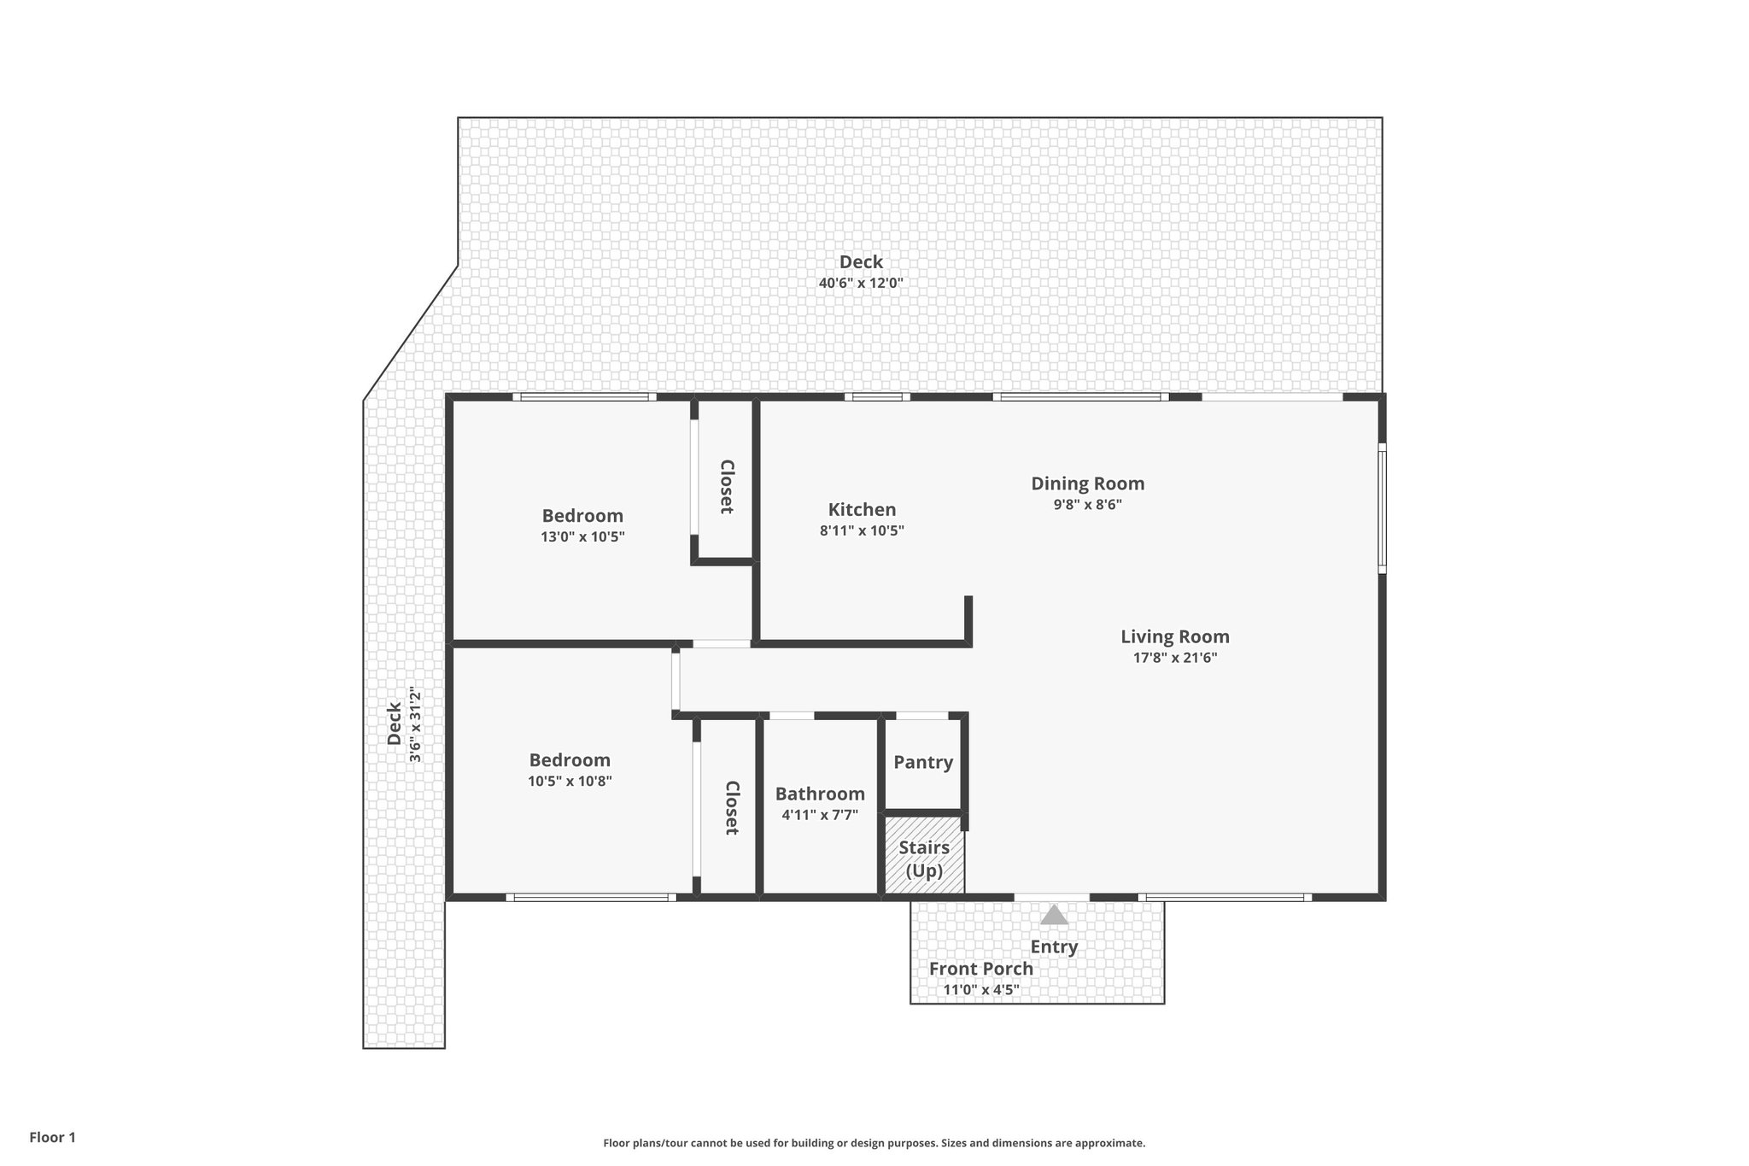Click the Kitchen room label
click(x=862, y=510)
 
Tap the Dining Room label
click(x=1087, y=483)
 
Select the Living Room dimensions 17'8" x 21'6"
click(x=1174, y=658)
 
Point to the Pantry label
click(x=923, y=762)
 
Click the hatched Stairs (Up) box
click(x=924, y=858)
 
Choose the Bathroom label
click(x=820, y=794)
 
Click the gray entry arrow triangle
click(x=1054, y=915)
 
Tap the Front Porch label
click(x=980, y=969)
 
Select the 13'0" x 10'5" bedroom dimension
click(x=582, y=537)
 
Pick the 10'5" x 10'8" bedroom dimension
click(x=570, y=781)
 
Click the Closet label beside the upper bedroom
click(x=727, y=487)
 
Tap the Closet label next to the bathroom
click(x=731, y=807)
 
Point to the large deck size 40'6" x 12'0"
click(x=860, y=283)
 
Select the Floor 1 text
click(x=53, y=1137)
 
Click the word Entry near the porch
click(x=1054, y=946)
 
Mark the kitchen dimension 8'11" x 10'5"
click(x=862, y=530)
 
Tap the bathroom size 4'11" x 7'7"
click(x=820, y=815)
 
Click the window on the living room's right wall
click(x=1382, y=507)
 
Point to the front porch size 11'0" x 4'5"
click(x=980, y=991)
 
